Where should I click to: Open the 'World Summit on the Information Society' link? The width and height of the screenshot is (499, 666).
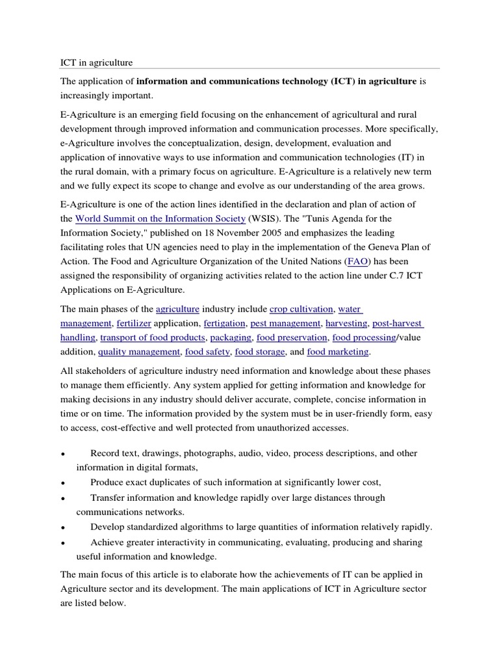160,219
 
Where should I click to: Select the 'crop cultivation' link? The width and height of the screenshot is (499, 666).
301,308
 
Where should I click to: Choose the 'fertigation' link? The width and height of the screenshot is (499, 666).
224,323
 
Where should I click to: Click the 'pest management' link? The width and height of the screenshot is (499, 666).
285,323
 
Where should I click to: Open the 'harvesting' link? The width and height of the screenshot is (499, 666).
346,323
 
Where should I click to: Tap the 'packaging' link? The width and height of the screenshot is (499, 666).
231,337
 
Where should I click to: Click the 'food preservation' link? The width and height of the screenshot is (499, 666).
292,337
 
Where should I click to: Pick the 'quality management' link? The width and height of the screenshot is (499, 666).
139,351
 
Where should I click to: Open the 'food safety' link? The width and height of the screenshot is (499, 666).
207,351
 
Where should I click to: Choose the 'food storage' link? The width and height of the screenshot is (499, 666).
260,351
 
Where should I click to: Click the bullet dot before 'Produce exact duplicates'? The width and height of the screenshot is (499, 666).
63,483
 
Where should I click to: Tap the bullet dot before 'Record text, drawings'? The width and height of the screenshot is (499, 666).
63,453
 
